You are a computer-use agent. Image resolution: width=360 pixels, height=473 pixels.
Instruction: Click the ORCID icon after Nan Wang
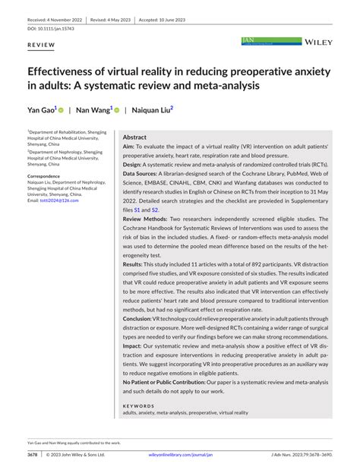(x=116, y=109)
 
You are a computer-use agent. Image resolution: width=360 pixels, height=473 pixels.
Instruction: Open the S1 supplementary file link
(x=137, y=210)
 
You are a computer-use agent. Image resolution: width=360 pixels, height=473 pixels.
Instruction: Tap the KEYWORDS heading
(x=137, y=406)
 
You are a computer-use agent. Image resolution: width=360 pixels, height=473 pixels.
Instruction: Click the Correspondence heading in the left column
(x=45, y=175)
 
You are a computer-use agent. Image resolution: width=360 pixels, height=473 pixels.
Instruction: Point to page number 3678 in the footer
(x=33, y=456)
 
